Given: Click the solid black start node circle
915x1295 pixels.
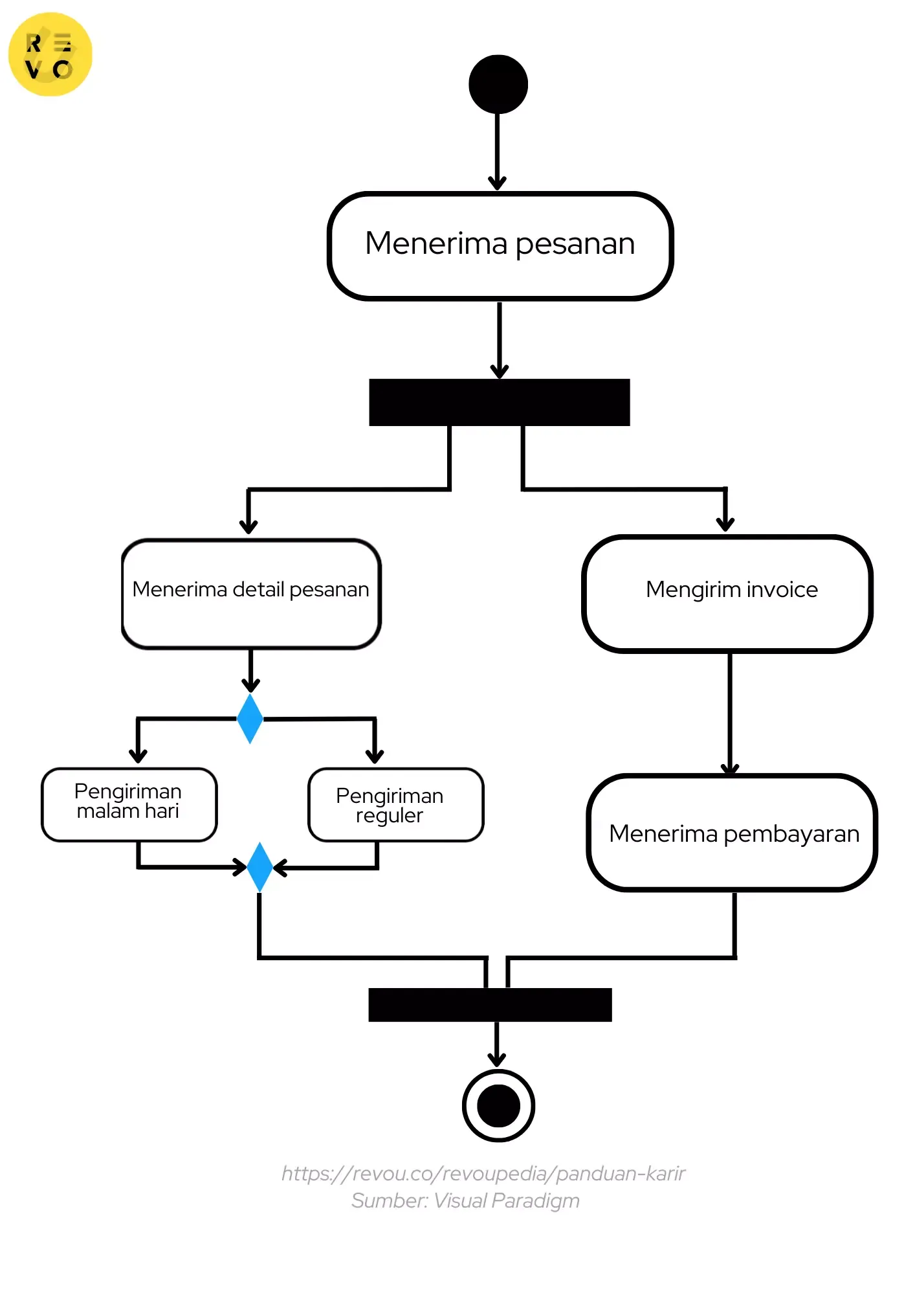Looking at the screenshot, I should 498,84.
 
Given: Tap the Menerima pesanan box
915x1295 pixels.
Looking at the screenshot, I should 500,245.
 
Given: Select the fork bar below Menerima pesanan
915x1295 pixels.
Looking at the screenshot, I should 499,402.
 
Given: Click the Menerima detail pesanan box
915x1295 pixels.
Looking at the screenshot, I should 251,594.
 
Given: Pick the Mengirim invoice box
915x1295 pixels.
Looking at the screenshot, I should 727,594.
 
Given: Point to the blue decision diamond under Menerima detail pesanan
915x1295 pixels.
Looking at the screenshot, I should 250,719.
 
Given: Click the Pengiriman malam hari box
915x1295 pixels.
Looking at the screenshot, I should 129,804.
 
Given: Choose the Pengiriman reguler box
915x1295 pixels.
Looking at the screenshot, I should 395,805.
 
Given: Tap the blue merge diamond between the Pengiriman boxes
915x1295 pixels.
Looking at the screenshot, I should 259,867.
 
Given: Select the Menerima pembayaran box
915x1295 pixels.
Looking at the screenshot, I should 732,833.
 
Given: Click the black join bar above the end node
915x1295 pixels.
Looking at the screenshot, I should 490,1005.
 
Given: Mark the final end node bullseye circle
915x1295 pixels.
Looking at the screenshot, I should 498,1106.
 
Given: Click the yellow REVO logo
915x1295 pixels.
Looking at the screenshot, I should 50,54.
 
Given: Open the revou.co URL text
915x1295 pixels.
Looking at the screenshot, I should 483,1173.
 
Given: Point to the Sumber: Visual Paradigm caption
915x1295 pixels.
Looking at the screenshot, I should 465,1201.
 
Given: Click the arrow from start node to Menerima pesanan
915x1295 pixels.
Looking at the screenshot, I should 497,149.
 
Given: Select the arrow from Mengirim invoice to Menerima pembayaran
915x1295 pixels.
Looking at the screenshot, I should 730,712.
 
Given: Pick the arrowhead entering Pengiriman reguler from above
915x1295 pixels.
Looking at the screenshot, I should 375,755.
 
